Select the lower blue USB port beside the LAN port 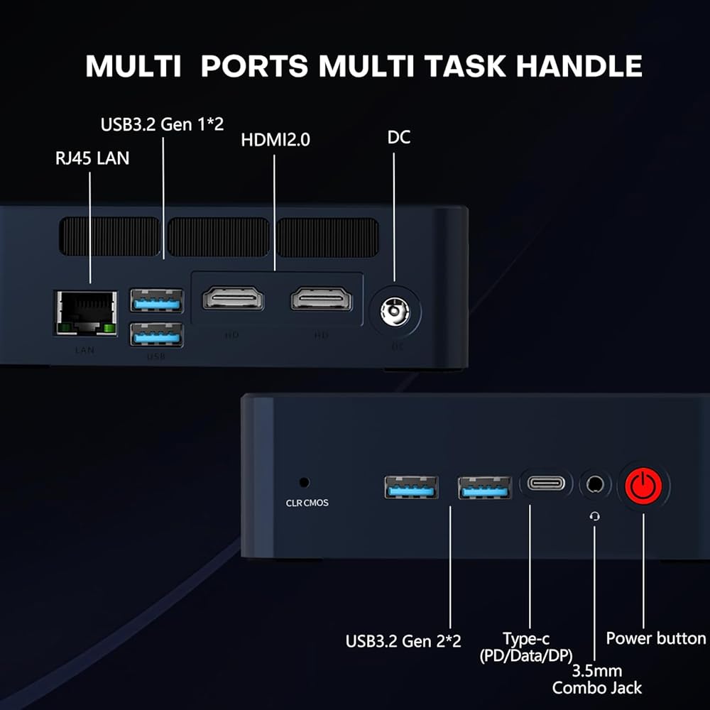click(156, 334)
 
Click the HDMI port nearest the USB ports click(233, 298)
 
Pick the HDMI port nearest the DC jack click(322, 298)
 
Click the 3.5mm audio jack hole click(594, 484)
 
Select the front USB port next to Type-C click(484, 488)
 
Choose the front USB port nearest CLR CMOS click(411, 487)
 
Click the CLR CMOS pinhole click(304, 482)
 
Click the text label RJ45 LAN click(92, 158)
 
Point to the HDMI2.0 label click(275, 140)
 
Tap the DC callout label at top click(398, 137)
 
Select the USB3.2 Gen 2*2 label click(403, 641)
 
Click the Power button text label click(655, 638)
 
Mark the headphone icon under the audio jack click(595, 516)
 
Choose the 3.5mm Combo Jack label click(597, 679)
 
